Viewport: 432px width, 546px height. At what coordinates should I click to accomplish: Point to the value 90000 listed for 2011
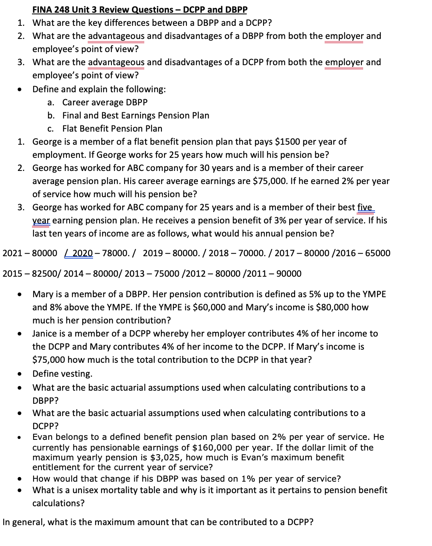[x=289, y=273]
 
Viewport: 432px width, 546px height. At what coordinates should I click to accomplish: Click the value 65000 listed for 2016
[x=377, y=253]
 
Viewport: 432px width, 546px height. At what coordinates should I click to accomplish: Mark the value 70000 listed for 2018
[x=254, y=253]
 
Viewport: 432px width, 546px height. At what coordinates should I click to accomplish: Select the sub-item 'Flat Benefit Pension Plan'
[x=112, y=129]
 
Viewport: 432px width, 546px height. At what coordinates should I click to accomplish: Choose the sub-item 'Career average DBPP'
[x=105, y=102]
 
